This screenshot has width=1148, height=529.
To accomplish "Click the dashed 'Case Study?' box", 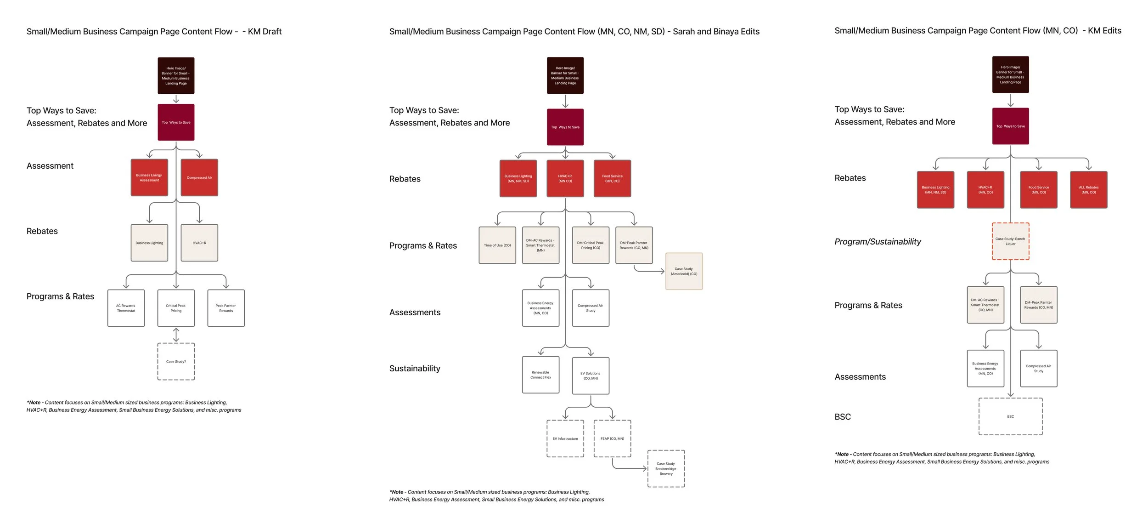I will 176,361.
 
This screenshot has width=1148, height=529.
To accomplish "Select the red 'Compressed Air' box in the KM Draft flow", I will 199,177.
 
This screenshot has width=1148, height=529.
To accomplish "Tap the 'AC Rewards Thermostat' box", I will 126,308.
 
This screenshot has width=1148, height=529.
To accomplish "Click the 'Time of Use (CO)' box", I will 497,245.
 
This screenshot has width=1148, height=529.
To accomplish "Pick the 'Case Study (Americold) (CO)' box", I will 684,271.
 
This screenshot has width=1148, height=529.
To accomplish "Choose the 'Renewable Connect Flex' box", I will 540,375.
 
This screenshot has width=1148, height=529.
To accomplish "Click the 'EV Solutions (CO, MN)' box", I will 591,375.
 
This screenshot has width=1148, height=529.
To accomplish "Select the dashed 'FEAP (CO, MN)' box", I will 612,438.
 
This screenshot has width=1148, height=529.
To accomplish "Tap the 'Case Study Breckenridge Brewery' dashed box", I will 666,468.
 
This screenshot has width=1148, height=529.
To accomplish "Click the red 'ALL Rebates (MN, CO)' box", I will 1088,189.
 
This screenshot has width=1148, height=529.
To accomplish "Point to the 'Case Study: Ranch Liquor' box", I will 1010,241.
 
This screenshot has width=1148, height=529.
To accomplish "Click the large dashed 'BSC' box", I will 1010,416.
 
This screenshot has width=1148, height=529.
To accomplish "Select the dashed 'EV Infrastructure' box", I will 565,438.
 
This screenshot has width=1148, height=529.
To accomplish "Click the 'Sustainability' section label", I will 415,368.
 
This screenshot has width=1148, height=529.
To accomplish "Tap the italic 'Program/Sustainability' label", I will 878,242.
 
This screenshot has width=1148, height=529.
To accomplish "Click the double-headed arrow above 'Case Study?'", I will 176,335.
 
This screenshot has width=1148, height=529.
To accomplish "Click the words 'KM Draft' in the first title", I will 264,31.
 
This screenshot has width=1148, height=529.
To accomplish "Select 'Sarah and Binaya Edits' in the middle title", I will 716,31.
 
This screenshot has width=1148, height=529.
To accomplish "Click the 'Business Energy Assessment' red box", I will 149,177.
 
